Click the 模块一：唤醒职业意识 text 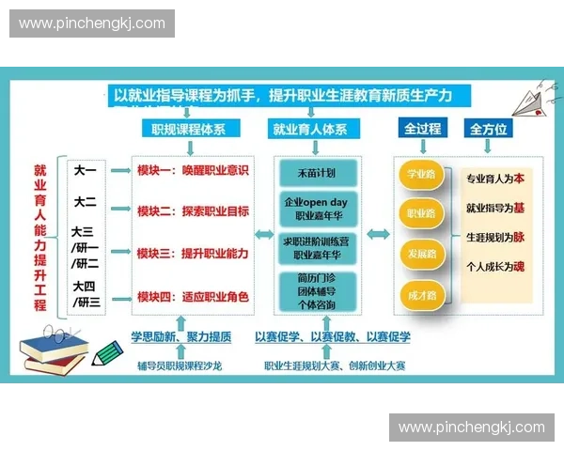click(x=193, y=170)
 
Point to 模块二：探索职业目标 click(x=193, y=211)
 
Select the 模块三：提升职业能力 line click(x=193, y=253)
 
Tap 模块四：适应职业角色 click(x=193, y=296)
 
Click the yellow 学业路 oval click(x=420, y=175)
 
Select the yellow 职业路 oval click(x=420, y=214)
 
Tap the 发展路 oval click(x=420, y=255)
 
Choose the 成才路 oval click(x=420, y=294)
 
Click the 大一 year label click(x=86, y=170)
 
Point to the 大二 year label click(x=86, y=201)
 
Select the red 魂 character click(x=520, y=265)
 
